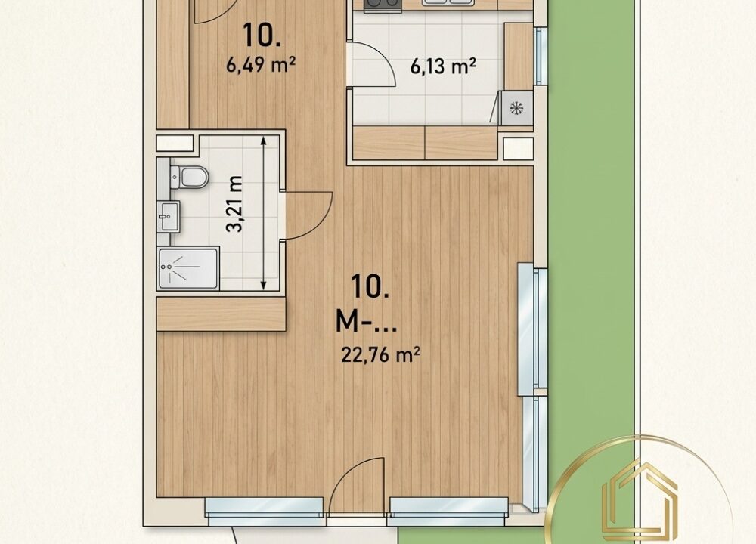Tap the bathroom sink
pyautogui.click(x=169, y=216)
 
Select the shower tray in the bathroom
pyautogui.click(x=188, y=268)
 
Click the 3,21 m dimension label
pyautogui.click(x=236, y=204)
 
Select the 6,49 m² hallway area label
pyautogui.click(x=261, y=63)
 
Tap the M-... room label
pyautogui.click(x=366, y=321)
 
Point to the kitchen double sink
pyautogui.click(x=445, y=3)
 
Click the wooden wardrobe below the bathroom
pyautogui.click(x=222, y=314)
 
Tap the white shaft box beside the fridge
pyautogui.click(x=519, y=148)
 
